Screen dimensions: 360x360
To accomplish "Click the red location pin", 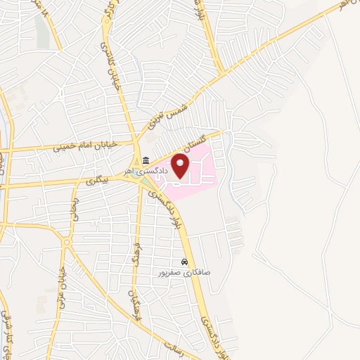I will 181,167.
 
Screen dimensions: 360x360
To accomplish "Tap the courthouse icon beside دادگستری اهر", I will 146,160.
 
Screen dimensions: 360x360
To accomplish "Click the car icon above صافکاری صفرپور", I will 183,262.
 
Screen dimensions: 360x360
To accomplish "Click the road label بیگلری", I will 101,180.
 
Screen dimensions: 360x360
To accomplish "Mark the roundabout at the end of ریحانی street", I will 68,241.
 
